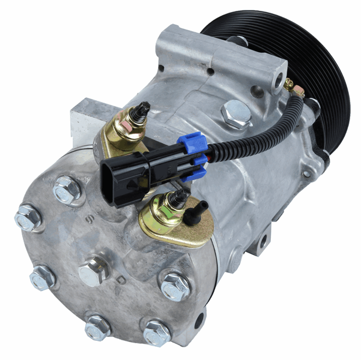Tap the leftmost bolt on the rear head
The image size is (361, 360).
pyautogui.click(x=27, y=217)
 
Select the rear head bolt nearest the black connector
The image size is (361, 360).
pyautogui.click(x=67, y=190)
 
